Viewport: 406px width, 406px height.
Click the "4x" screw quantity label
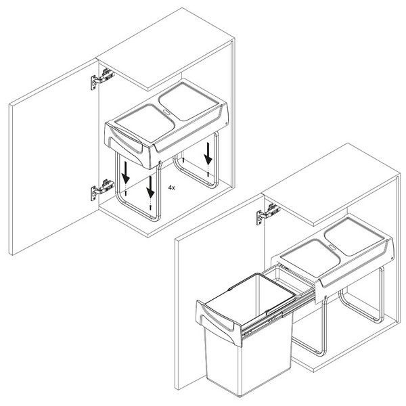click(x=171, y=187)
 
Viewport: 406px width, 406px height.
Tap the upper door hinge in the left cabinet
click(x=102, y=78)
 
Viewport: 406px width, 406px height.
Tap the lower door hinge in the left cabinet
click(x=102, y=189)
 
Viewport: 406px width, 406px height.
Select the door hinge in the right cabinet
click(x=268, y=214)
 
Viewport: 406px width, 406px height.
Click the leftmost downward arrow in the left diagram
click(x=126, y=173)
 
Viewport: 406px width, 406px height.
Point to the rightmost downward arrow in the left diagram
click(x=208, y=154)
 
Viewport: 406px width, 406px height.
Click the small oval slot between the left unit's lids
click(x=166, y=112)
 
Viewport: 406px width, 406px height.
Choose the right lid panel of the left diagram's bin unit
click(x=189, y=101)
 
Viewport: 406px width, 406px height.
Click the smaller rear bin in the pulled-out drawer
click(x=288, y=281)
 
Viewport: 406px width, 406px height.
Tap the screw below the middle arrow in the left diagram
click(x=150, y=206)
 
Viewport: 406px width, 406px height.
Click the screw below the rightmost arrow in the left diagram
click(x=208, y=175)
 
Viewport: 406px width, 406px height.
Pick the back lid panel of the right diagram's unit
click(x=354, y=236)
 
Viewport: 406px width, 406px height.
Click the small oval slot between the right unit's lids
click(x=332, y=248)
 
